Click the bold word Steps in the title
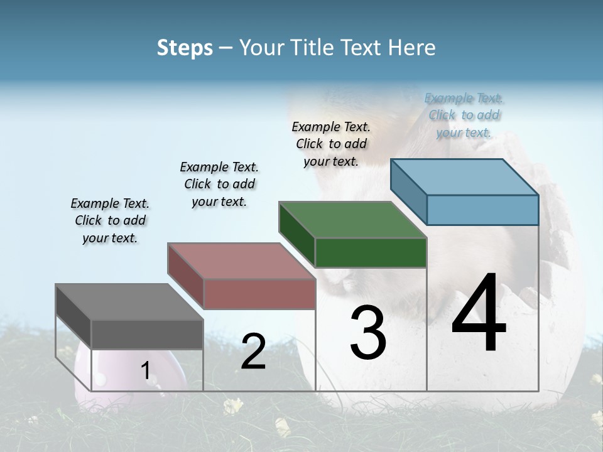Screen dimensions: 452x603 (x=184, y=48)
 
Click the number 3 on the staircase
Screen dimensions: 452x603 (x=367, y=332)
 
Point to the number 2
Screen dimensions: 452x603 (x=253, y=351)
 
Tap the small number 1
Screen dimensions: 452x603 (x=145, y=370)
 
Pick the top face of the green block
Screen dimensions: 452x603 (x=352, y=220)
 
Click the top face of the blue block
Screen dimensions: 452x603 (x=465, y=177)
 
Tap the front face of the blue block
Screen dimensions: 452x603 (x=482, y=210)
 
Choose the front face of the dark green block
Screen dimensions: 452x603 (x=371, y=253)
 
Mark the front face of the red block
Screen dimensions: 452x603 (x=259, y=294)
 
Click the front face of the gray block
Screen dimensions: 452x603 (x=147, y=334)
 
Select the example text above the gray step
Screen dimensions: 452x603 (x=110, y=220)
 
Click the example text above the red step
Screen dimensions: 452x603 (x=219, y=184)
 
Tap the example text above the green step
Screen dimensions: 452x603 (x=331, y=144)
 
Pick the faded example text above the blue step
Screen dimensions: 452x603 (x=464, y=115)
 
